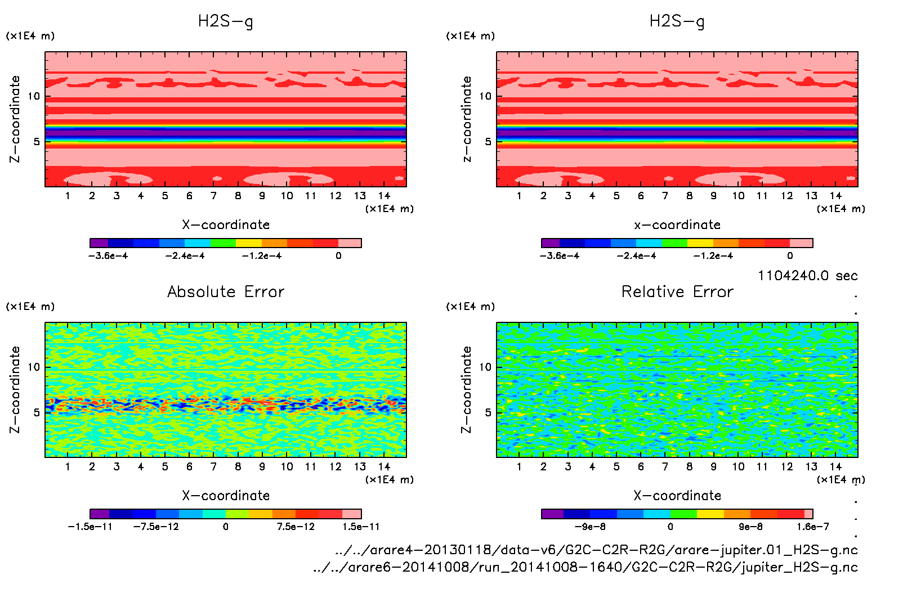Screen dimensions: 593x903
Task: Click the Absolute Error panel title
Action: (226, 291)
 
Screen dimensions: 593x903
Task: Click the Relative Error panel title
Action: (677, 291)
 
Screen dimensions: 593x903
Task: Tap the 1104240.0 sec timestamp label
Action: (807, 276)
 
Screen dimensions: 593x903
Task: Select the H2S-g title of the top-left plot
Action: (225, 21)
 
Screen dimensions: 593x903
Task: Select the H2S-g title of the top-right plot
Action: (677, 21)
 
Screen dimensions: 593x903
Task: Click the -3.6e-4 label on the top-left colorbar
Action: (108, 256)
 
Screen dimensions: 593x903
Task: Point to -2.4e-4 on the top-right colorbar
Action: (636, 256)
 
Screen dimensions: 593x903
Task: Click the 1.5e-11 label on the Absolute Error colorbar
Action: (361, 527)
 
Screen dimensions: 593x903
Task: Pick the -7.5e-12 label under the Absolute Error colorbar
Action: (156, 527)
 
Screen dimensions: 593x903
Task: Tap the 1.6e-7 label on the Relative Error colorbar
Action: (812, 527)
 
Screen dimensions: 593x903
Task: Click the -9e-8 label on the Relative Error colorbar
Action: (589, 527)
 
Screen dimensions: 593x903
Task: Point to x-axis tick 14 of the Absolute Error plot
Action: (384, 466)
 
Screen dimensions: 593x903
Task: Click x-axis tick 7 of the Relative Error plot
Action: (665, 466)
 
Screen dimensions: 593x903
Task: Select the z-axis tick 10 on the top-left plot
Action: (34, 96)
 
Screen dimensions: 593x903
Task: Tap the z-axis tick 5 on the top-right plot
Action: (488, 141)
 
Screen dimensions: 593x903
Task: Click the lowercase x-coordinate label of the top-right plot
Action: (677, 225)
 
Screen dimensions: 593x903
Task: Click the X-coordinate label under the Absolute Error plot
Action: (226, 496)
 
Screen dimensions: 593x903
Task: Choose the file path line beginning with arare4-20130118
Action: (596, 550)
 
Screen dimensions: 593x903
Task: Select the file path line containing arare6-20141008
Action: (585, 567)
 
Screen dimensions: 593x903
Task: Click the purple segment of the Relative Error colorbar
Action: (552, 514)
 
